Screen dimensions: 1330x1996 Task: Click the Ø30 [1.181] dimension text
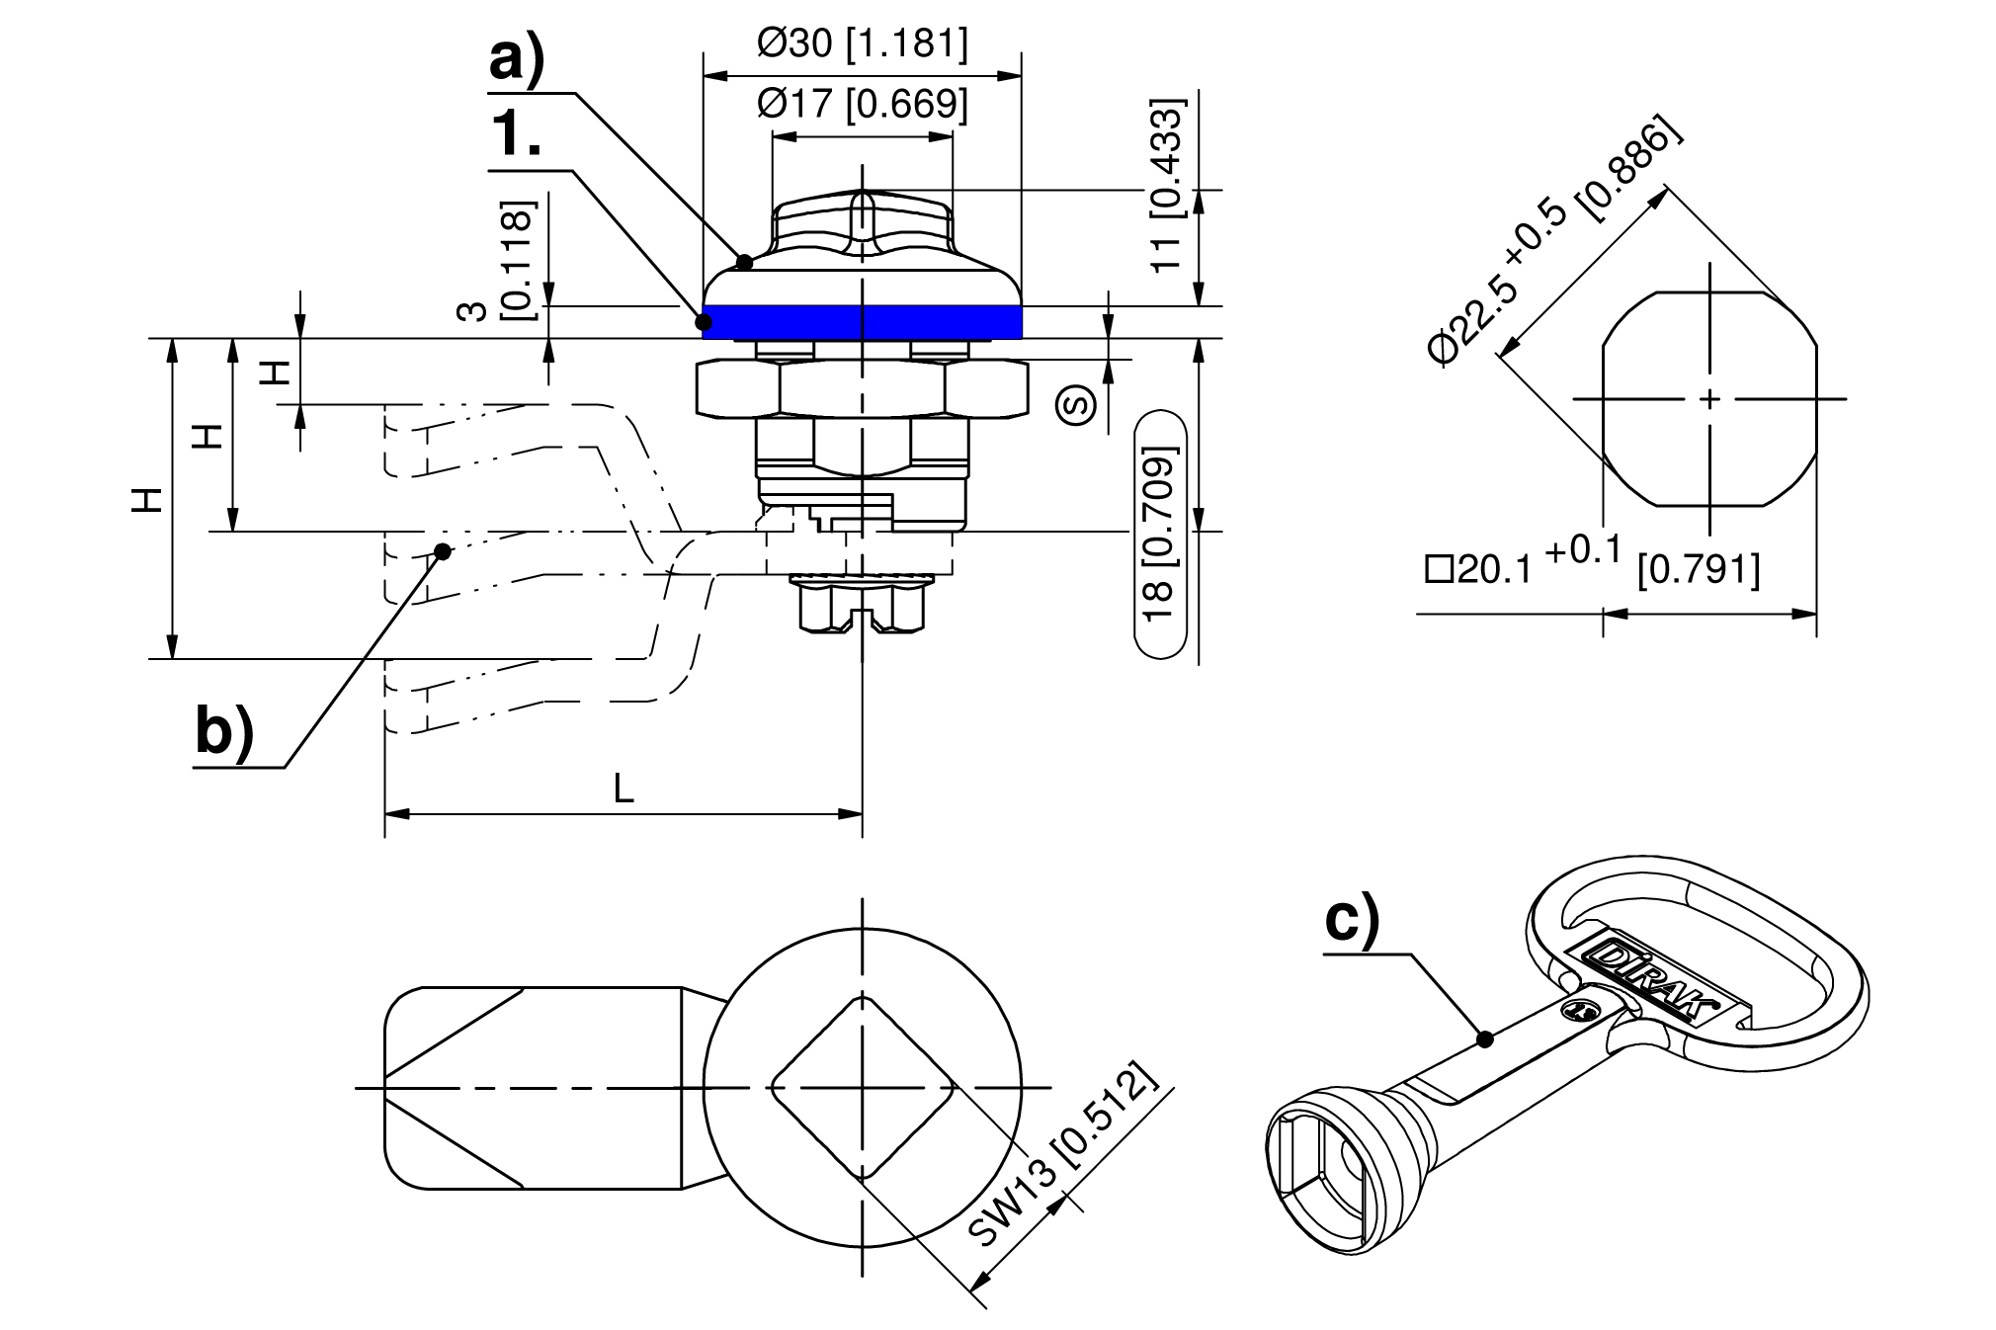pos(862,43)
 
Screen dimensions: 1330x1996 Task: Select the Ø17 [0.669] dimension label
pos(862,103)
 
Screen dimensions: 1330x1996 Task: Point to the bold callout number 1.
pos(517,134)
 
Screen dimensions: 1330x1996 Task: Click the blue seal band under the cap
pos(862,322)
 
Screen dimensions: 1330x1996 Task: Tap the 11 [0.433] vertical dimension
pos(1168,185)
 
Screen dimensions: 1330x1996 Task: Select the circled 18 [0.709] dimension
pos(1160,534)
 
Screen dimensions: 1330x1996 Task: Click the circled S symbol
pos(1076,404)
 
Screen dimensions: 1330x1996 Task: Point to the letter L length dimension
pos(624,789)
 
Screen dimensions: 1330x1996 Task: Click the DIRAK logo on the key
pos(1649,981)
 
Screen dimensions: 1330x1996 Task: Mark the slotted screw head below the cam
pos(863,608)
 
